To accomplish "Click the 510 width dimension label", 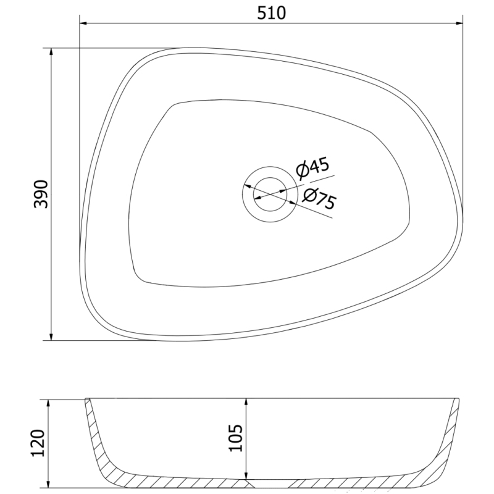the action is pos(271,13).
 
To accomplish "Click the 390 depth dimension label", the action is pos(41,194).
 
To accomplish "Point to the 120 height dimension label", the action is pos(38,443).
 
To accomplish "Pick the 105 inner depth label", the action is pos(236,438).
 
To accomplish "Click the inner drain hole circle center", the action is pos(270,194).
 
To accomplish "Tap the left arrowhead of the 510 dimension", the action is pos(83,23).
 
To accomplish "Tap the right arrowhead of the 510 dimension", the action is pos(459,23).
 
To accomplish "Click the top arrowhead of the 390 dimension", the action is pos(51,52).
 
